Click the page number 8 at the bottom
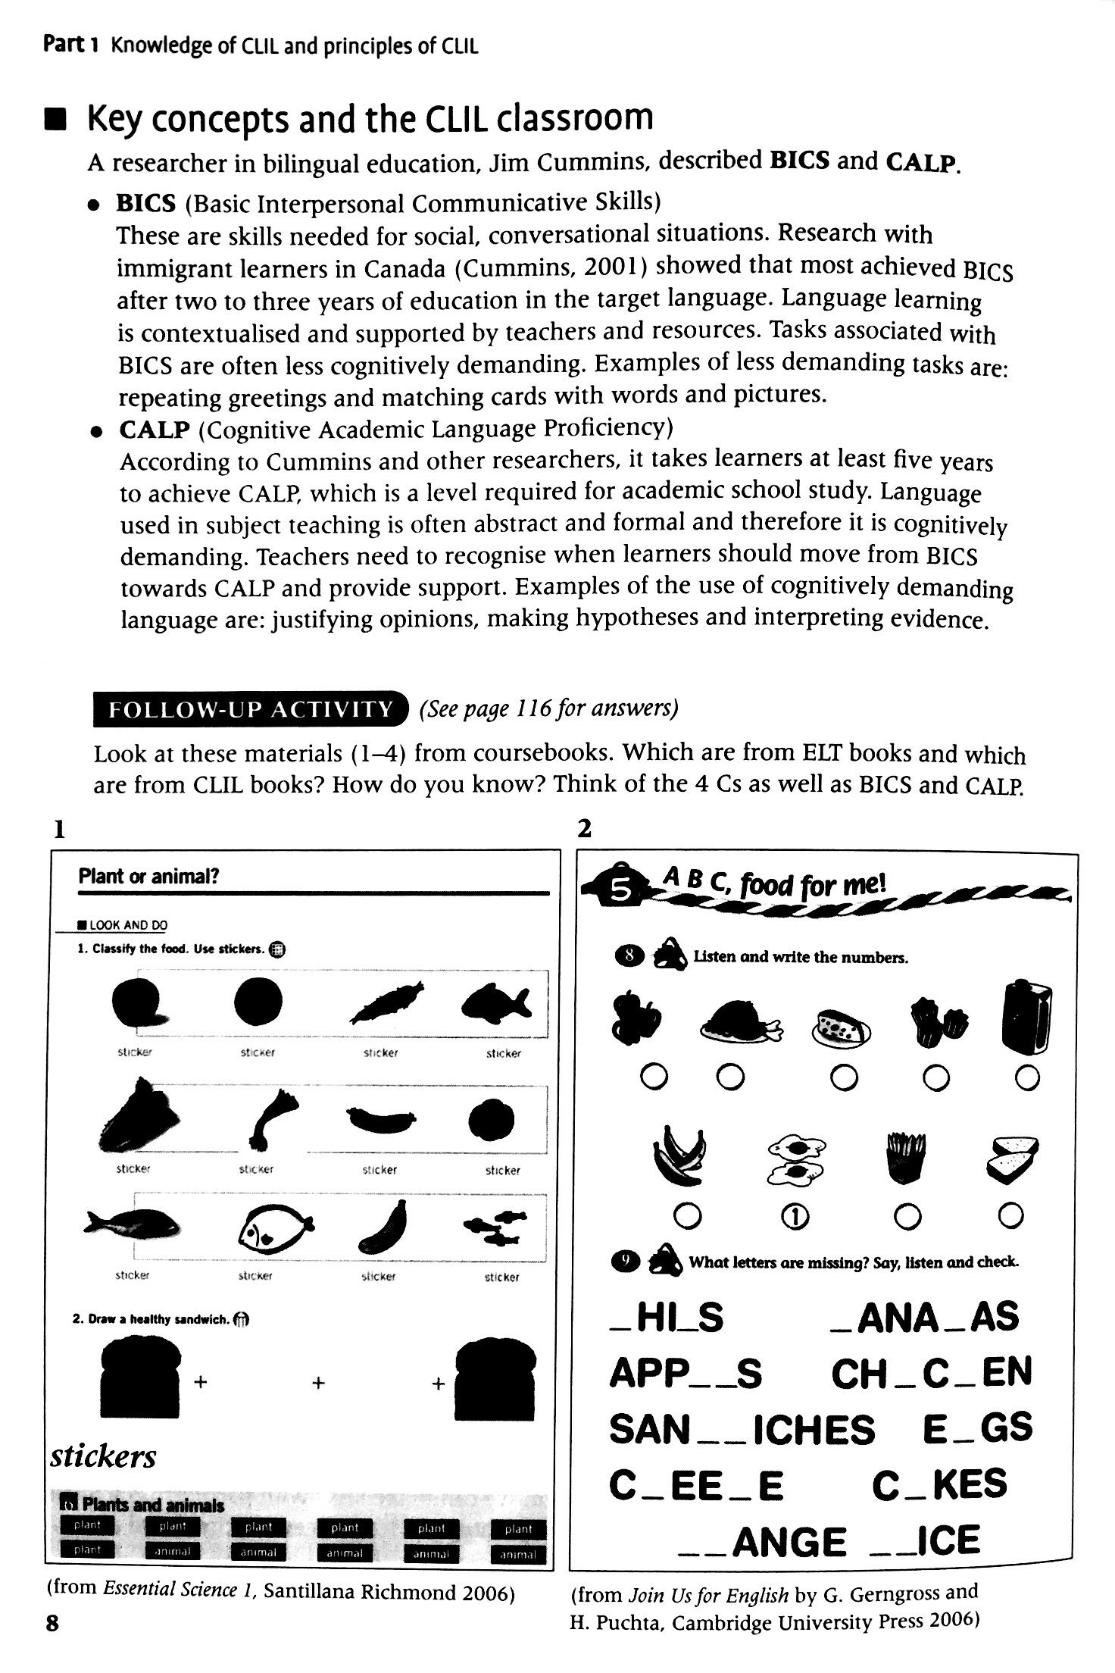[52, 1644]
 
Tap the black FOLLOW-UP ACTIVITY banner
[249, 710]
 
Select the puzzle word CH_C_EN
[931, 1372]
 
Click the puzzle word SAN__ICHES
[742, 1429]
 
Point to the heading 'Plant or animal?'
[148, 877]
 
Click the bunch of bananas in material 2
[679, 1154]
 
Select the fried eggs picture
[796, 1159]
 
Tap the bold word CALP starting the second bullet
[153, 430]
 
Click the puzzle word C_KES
[939, 1484]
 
